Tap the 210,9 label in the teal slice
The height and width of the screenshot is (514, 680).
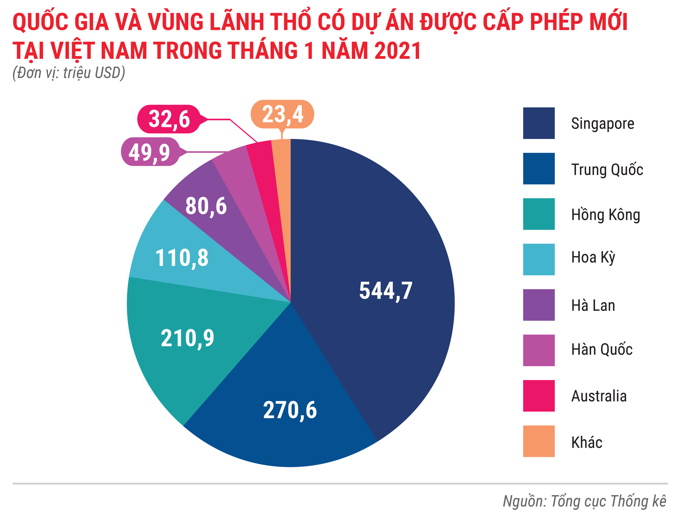[187, 338]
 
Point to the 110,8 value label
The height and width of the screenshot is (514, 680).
[182, 258]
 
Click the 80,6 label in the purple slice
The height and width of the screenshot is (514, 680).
[206, 206]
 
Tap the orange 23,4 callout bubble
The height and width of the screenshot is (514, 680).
[282, 114]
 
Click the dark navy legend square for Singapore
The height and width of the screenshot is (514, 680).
[539, 123]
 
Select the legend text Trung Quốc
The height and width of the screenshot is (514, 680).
[607, 170]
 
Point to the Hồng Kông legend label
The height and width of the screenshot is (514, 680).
[606, 215]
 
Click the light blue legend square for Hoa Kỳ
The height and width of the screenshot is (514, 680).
[539, 260]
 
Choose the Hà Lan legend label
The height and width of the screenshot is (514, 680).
[593, 305]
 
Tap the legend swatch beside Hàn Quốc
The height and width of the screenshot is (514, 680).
[539, 350]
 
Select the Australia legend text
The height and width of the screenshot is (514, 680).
[598, 396]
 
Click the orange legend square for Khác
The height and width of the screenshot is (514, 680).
[539, 441]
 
